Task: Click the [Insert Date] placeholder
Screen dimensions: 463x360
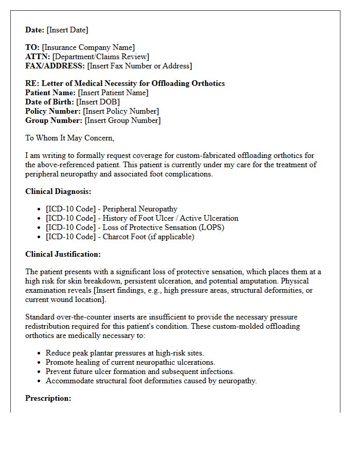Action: tap(67, 30)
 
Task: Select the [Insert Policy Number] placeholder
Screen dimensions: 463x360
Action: tap(121, 111)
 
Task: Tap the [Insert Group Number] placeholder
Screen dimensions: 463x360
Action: tap(122, 120)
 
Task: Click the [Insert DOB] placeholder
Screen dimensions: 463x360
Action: tap(98, 102)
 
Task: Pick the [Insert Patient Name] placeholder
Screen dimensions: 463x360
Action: tap(113, 93)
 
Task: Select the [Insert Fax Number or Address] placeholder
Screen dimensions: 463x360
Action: tap(139, 66)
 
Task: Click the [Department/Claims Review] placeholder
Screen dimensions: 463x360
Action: tap(101, 57)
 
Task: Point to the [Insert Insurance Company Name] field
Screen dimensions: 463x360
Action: tap(88, 47)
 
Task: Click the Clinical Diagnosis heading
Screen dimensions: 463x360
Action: tap(58, 191)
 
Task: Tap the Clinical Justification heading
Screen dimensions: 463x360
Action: tap(63, 254)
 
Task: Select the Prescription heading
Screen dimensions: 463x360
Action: tap(48, 398)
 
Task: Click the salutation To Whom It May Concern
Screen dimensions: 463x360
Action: tap(69, 138)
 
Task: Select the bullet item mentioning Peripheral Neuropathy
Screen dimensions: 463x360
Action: tap(112, 209)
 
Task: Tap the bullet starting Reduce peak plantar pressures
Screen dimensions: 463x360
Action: tap(124, 353)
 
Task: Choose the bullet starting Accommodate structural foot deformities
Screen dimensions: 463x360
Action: tap(151, 381)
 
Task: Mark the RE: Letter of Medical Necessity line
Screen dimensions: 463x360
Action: tap(125, 83)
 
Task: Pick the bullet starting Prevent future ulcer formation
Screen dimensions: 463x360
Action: tap(140, 371)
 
